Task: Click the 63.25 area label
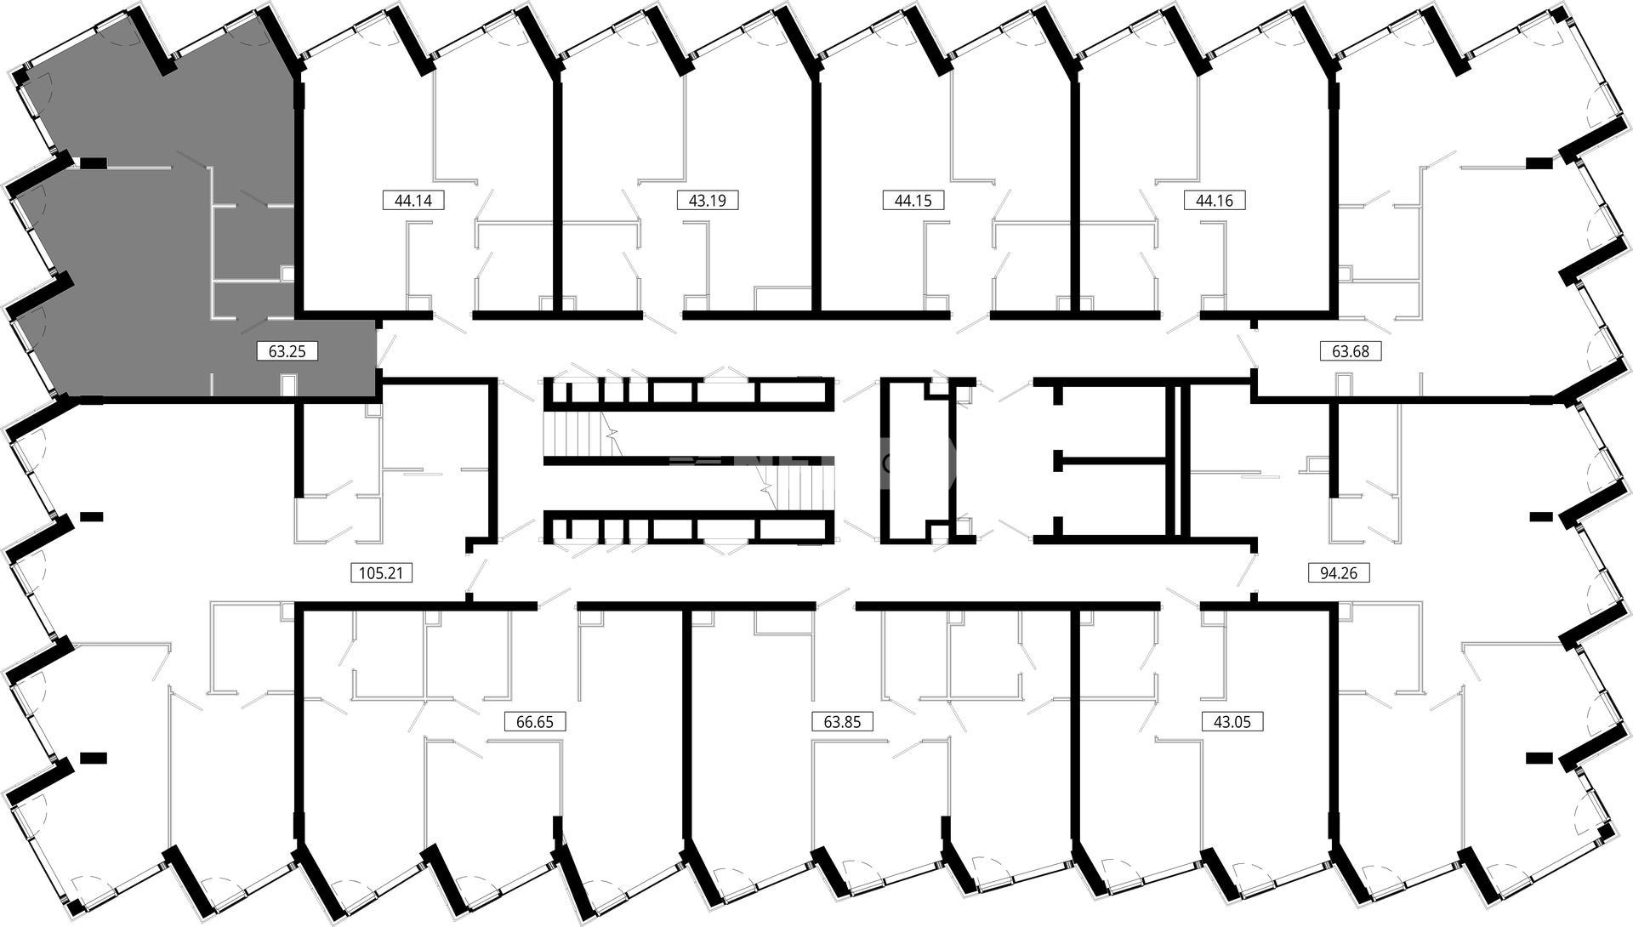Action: point(287,350)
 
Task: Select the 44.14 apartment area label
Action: point(414,201)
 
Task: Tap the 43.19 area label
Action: point(707,201)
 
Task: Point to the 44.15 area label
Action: point(913,201)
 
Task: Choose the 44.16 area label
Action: point(1215,201)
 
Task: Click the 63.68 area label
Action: point(1351,350)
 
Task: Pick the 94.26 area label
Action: point(1339,573)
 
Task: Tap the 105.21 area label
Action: point(382,573)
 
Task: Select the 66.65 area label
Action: point(535,722)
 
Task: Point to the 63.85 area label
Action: point(843,722)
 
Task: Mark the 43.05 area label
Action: point(1232,722)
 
